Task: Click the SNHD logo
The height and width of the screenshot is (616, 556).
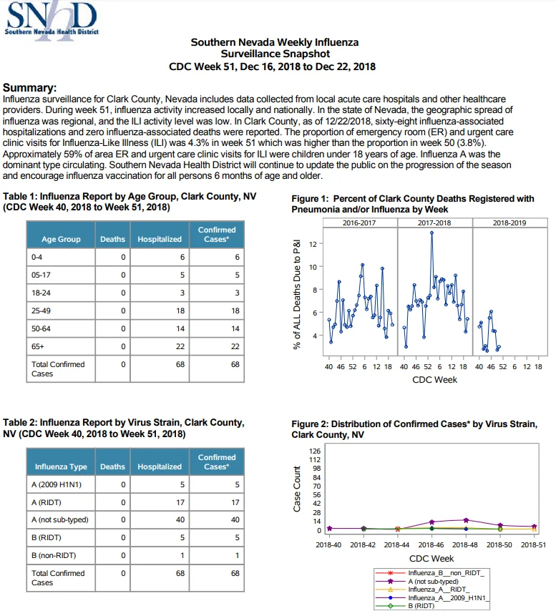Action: click(x=52, y=19)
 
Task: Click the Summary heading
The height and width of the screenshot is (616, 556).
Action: click(x=29, y=87)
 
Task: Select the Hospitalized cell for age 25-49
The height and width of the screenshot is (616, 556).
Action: click(x=160, y=311)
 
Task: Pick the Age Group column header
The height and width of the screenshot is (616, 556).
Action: click(x=61, y=239)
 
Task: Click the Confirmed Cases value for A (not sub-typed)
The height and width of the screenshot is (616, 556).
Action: click(x=235, y=519)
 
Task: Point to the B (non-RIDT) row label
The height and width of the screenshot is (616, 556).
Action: click(x=54, y=555)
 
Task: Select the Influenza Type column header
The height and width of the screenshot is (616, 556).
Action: click(x=61, y=466)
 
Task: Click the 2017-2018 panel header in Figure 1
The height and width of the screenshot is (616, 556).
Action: click(x=434, y=223)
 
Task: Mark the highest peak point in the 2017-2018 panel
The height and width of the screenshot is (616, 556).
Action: click(x=431, y=233)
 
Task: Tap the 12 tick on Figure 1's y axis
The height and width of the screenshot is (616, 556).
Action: click(x=313, y=244)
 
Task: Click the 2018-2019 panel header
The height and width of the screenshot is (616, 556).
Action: click(x=509, y=223)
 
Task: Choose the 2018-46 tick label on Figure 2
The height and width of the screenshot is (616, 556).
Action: click(x=431, y=545)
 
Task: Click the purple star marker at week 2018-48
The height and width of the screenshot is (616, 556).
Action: click(x=466, y=521)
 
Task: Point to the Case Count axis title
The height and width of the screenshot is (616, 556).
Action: click(x=297, y=489)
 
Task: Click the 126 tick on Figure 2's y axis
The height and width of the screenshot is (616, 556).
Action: click(x=315, y=451)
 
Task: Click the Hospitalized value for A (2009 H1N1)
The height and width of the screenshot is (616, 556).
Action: click(x=182, y=485)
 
